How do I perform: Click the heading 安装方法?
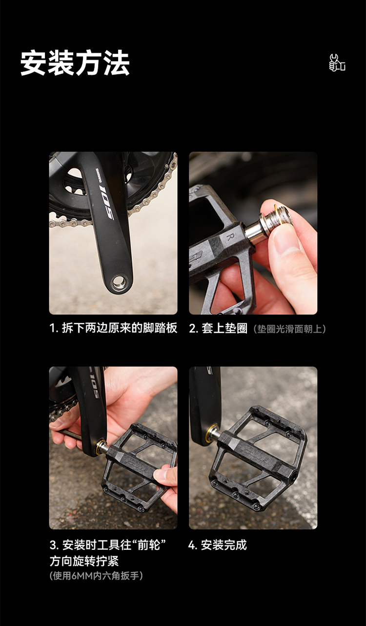[x=75, y=63]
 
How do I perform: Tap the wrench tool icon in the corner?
[x=337, y=63]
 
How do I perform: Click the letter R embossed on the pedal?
[x=230, y=237]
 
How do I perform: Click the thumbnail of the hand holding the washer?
[x=253, y=233]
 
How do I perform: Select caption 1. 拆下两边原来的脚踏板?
[x=114, y=328]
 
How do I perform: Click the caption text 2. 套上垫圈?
[x=218, y=328]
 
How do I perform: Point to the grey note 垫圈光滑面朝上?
[x=290, y=329]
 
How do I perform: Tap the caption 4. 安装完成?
[x=218, y=545]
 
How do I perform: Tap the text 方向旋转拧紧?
[x=84, y=561]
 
